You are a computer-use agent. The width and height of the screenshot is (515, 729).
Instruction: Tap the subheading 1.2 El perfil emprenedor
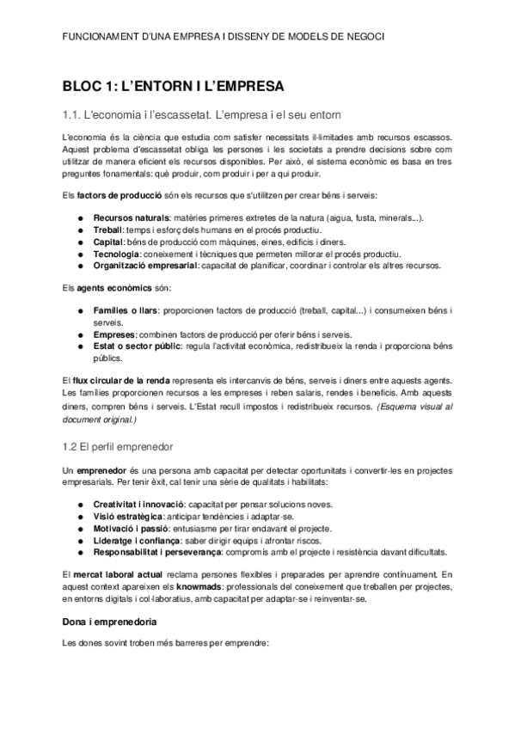[118, 447]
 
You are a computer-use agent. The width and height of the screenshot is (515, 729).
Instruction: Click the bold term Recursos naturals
[131, 218]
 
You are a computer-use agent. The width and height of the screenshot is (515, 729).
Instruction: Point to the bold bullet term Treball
[109, 230]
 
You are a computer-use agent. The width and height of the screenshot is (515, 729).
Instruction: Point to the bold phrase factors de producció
[117, 195]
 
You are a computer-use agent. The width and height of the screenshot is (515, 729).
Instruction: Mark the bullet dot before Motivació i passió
[81, 529]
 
